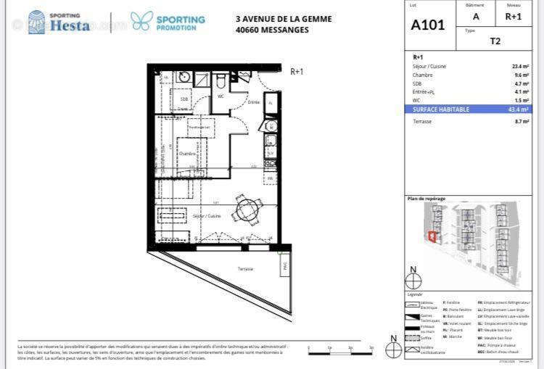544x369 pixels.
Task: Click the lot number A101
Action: click(x=429, y=25)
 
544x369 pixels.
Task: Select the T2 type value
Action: click(x=495, y=41)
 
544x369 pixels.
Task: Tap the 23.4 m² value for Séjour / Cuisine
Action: click(x=520, y=66)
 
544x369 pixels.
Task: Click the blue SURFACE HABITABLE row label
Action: click(x=441, y=109)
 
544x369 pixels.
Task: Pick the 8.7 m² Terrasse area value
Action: click(x=521, y=121)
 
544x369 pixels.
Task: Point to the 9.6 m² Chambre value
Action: click(x=521, y=75)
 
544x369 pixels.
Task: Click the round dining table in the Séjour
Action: click(x=247, y=211)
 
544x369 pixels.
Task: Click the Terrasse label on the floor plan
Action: click(x=245, y=269)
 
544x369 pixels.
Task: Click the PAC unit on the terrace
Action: click(x=284, y=267)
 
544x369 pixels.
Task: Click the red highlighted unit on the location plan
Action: click(x=433, y=236)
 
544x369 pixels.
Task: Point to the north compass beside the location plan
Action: click(x=413, y=279)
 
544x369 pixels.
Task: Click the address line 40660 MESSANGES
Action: click(x=272, y=30)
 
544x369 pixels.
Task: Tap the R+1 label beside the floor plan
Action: click(x=297, y=71)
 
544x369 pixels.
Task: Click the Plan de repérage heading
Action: click(x=426, y=198)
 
